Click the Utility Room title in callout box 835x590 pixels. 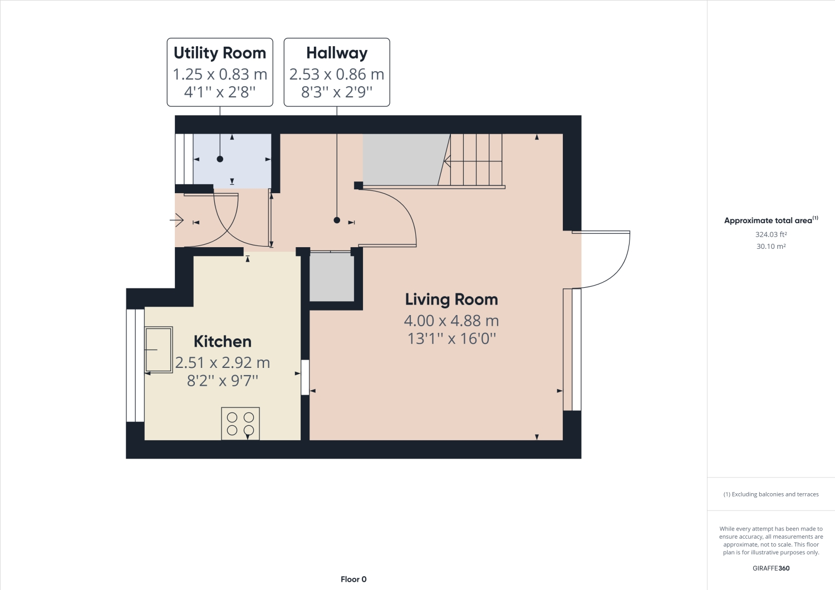click(x=220, y=53)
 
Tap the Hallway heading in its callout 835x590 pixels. click(x=337, y=53)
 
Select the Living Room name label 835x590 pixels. click(x=451, y=299)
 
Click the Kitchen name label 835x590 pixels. click(x=223, y=341)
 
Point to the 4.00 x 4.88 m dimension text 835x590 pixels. click(x=451, y=321)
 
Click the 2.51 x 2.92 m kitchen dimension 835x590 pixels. click(x=223, y=363)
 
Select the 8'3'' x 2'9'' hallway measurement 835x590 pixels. click(x=337, y=92)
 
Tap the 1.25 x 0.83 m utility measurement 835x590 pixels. click(x=220, y=74)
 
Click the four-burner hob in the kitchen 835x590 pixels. click(x=240, y=424)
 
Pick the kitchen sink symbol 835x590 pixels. click(x=159, y=350)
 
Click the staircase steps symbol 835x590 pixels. click(x=476, y=160)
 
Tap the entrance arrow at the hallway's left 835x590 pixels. click(x=177, y=222)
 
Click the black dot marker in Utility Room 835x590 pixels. click(x=220, y=159)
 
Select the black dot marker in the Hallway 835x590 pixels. click(x=337, y=220)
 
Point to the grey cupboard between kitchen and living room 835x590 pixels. click(x=332, y=277)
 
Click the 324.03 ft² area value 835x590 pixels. click(x=771, y=234)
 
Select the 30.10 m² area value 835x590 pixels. click(x=771, y=246)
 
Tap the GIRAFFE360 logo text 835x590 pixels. click(x=771, y=568)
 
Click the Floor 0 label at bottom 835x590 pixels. click(x=353, y=579)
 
